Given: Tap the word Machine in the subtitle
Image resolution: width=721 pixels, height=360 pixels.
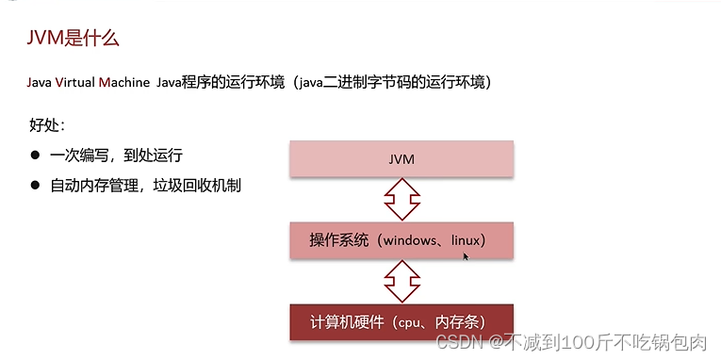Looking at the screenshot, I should (x=126, y=83).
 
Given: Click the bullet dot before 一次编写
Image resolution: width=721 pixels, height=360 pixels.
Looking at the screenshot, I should (x=36, y=155).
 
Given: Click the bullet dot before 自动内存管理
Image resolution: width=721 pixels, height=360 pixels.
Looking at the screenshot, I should (x=36, y=185).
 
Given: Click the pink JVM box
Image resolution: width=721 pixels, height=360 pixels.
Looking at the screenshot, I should (x=401, y=159).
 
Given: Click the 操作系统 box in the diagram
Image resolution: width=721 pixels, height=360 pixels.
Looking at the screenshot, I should (x=401, y=240).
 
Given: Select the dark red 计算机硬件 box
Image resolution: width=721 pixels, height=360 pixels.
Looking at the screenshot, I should (x=401, y=321).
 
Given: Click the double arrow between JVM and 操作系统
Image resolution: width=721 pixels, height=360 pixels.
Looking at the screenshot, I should (x=401, y=200).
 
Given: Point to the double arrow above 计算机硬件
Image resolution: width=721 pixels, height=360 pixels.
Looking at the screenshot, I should (x=401, y=281).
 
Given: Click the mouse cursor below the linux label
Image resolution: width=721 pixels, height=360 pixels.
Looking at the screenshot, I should (x=466, y=255).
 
